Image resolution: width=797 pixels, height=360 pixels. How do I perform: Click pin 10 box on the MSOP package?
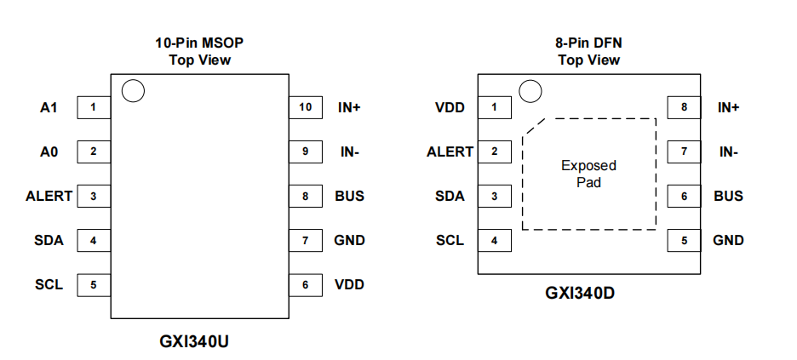(306, 107)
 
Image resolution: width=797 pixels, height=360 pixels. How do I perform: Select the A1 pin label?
(49, 107)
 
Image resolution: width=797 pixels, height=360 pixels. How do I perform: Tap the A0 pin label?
(49, 151)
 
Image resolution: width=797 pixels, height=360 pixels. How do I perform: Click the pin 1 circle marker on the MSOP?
(133, 91)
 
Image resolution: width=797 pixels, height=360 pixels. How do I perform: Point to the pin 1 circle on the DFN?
(530, 91)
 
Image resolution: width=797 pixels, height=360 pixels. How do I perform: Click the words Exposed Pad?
(588, 174)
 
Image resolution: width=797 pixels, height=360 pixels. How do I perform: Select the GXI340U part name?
(194, 341)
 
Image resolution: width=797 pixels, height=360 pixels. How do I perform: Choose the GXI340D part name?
(580, 293)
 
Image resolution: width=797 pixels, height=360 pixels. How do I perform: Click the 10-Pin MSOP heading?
(199, 43)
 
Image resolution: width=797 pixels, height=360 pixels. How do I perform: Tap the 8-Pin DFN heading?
(588, 43)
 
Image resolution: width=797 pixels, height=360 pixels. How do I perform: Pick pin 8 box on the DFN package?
(684, 107)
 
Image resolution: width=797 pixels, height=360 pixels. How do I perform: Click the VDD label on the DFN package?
(450, 107)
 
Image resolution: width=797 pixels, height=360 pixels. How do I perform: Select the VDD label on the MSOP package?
(349, 285)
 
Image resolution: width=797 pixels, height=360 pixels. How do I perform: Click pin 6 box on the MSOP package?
(306, 285)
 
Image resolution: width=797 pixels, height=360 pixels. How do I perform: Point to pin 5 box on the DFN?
(684, 241)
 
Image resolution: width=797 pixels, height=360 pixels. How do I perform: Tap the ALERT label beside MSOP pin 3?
(49, 196)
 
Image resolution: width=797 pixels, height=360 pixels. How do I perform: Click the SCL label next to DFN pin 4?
(450, 241)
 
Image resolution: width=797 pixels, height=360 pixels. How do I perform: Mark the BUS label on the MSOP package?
(350, 196)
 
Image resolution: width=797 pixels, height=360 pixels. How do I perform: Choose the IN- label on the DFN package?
(729, 151)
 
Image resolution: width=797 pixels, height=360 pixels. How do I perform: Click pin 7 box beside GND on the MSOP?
(306, 241)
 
